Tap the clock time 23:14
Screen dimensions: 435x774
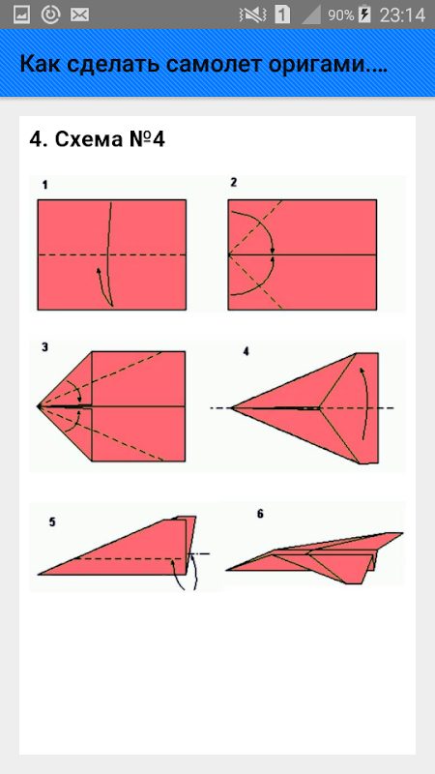tap(402, 15)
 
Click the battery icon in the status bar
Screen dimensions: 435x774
tap(364, 15)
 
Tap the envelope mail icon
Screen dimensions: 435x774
tap(79, 15)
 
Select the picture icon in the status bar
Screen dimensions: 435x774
tap(21, 15)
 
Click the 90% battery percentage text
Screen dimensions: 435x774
tap(341, 15)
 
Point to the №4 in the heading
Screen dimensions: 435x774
tap(146, 139)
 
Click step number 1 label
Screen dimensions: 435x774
tap(44, 186)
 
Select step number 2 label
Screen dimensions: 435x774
tap(234, 183)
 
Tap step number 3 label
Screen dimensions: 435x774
tap(44, 347)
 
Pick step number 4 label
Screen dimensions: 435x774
tap(246, 352)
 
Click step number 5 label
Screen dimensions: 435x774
tap(52, 522)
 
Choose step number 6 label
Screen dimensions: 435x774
tap(260, 514)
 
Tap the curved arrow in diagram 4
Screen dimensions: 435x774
tap(367, 402)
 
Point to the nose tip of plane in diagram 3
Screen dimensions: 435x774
tap(38, 406)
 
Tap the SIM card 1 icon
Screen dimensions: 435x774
tap(282, 15)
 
